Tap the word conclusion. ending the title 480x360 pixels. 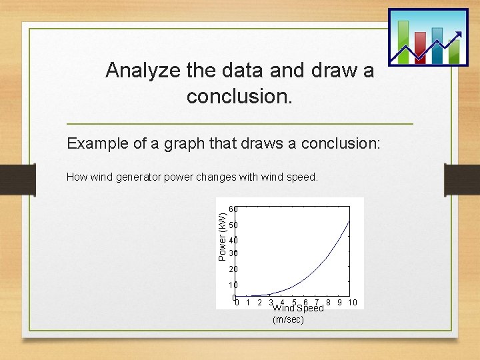click(x=239, y=97)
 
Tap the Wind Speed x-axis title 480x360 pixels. click(x=298, y=308)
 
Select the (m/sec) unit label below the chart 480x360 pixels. click(x=288, y=320)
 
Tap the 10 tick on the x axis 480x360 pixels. click(x=352, y=303)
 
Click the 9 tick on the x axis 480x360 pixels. click(x=339, y=303)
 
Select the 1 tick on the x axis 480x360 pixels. click(x=248, y=303)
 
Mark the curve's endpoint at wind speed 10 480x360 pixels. click(x=349, y=221)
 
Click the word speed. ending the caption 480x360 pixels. click(x=304, y=177)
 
